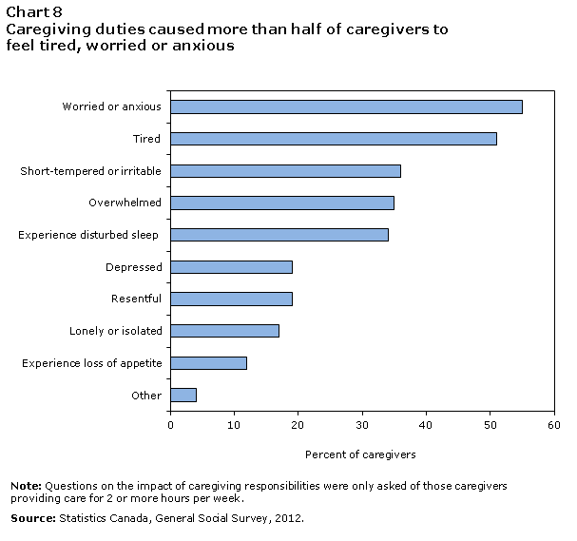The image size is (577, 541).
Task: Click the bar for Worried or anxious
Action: [x=346, y=106]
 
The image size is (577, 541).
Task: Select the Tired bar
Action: [x=333, y=139]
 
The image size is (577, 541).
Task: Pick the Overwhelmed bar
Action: [x=281, y=203]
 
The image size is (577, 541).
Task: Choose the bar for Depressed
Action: [x=231, y=267]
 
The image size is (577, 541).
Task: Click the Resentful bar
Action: [x=231, y=299]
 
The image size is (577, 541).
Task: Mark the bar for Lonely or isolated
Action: [x=224, y=331]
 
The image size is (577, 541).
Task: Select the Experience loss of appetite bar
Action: [x=208, y=362]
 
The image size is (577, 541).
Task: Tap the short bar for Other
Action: [x=183, y=395]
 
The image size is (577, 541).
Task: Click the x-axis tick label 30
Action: [x=362, y=425]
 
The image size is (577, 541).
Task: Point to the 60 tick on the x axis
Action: [x=553, y=425]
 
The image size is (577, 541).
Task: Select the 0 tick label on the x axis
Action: [x=170, y=425]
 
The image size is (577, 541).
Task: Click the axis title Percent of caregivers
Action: [x=360, y=454]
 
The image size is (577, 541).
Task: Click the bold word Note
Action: [x=25, y=486]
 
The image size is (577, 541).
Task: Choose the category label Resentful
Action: [x=136, y=299]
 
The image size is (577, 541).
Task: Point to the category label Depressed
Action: [x=134, y=267]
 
